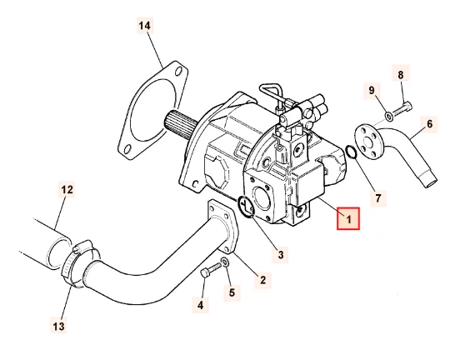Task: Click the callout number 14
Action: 144,26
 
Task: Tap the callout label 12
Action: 66,190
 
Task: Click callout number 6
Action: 430,124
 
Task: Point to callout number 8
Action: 401,75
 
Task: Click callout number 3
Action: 281,253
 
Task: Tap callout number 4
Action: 200,306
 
